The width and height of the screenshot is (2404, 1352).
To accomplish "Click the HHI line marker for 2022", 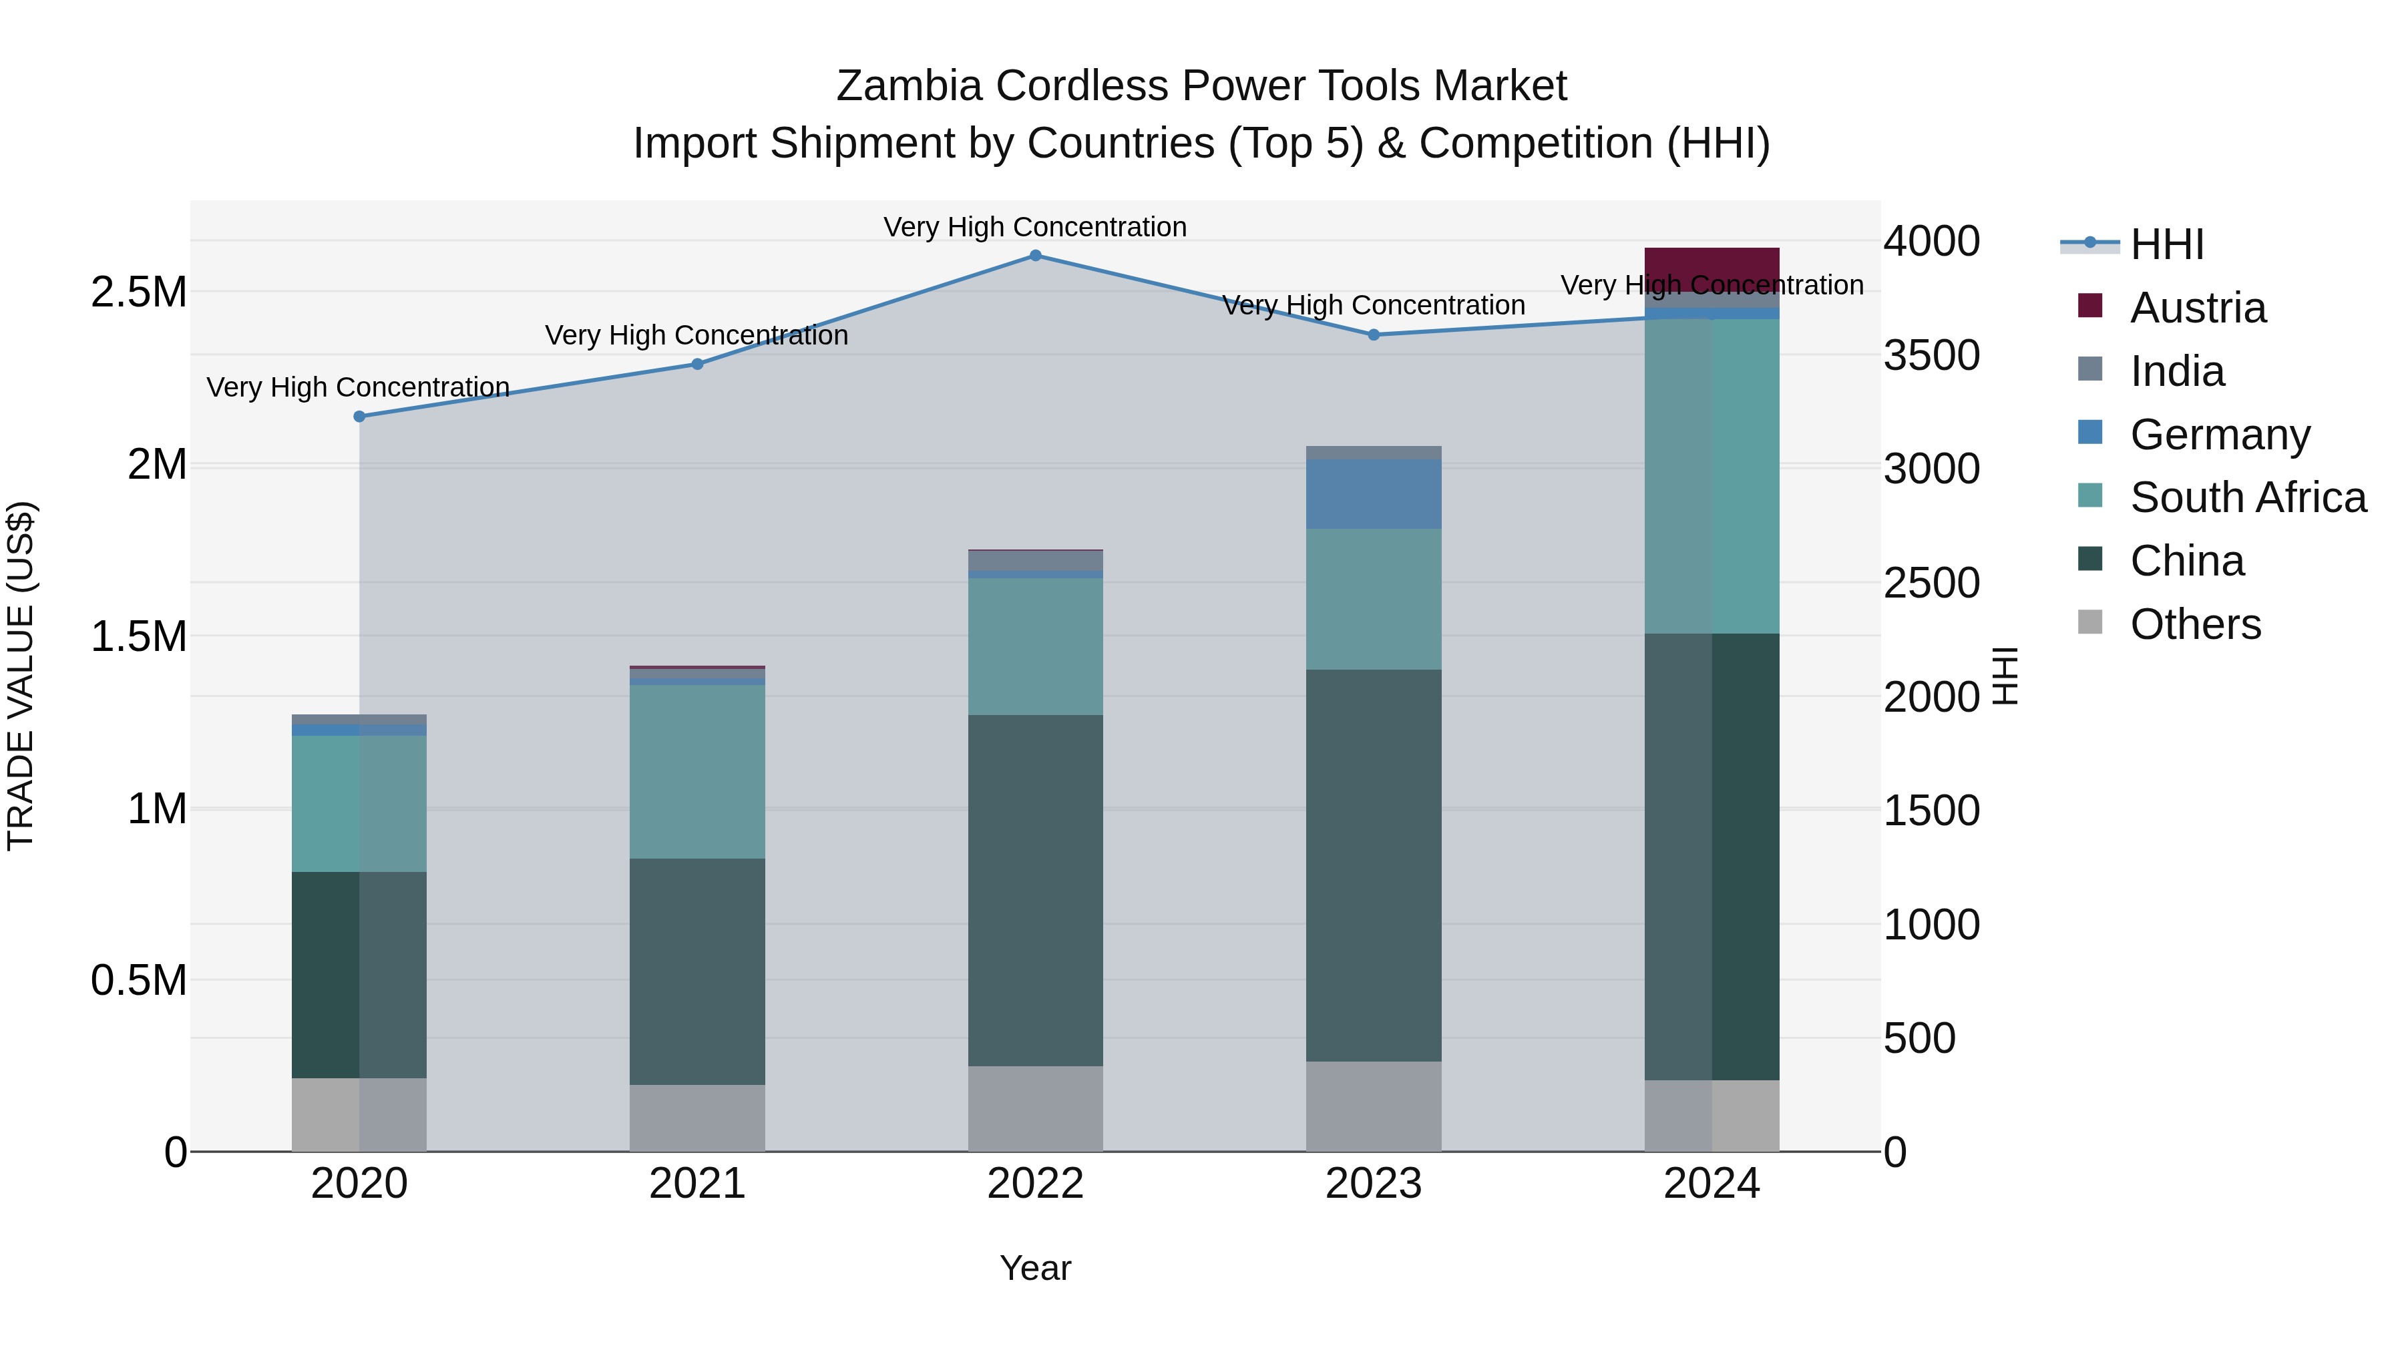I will point(1035,256).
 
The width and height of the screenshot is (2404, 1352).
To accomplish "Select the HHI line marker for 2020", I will point(359,416).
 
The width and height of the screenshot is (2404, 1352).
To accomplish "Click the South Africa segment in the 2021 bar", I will point(697,772).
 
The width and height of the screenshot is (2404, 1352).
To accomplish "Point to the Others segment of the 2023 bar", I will point(1373,1106).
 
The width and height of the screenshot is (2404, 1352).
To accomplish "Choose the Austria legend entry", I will point(2198,308).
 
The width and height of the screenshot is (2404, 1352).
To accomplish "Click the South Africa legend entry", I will point(2247,497).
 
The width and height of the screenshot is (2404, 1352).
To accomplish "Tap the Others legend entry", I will point(2195,624).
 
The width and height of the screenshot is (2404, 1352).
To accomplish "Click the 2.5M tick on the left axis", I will point(139,292).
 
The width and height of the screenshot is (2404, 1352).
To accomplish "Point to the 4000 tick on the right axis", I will point(1931,241).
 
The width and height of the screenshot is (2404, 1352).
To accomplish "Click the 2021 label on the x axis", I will point(697,1184).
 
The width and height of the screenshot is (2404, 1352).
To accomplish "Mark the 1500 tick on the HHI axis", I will point(1931,810).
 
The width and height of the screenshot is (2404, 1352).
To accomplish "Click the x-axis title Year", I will point(1035,1268).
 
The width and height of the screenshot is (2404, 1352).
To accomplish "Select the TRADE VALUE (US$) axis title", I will point(21,676).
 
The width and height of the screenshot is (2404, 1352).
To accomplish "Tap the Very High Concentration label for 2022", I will point(1035,227).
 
